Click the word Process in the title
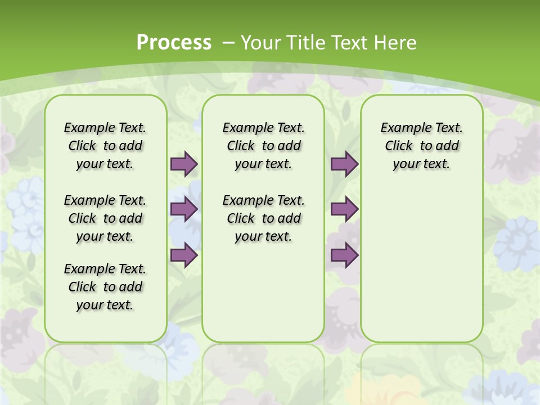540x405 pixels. [x=174, y=43]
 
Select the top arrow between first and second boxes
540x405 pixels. [x=184, y=164]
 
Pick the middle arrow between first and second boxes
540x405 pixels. [x=184, y=209]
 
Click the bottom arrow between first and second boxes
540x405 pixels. [x=184, y=255]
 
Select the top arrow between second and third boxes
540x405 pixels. [x=344, y=164]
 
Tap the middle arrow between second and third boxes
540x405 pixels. [x=344, y=209]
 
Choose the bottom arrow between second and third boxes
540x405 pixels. [x=344, y=255]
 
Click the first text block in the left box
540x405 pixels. [x=105, y=146]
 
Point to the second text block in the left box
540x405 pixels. [x=105, y=218]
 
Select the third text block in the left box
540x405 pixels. [x=105, y=287]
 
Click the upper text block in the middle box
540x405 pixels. [x=264, y=146]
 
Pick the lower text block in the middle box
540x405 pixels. [x=264, y=218]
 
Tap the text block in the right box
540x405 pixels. [x=422, y=146]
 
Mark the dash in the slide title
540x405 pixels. [x=228, y=43]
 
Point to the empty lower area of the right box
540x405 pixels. [x=422, y=259]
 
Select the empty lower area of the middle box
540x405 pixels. [x=263, y=292]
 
